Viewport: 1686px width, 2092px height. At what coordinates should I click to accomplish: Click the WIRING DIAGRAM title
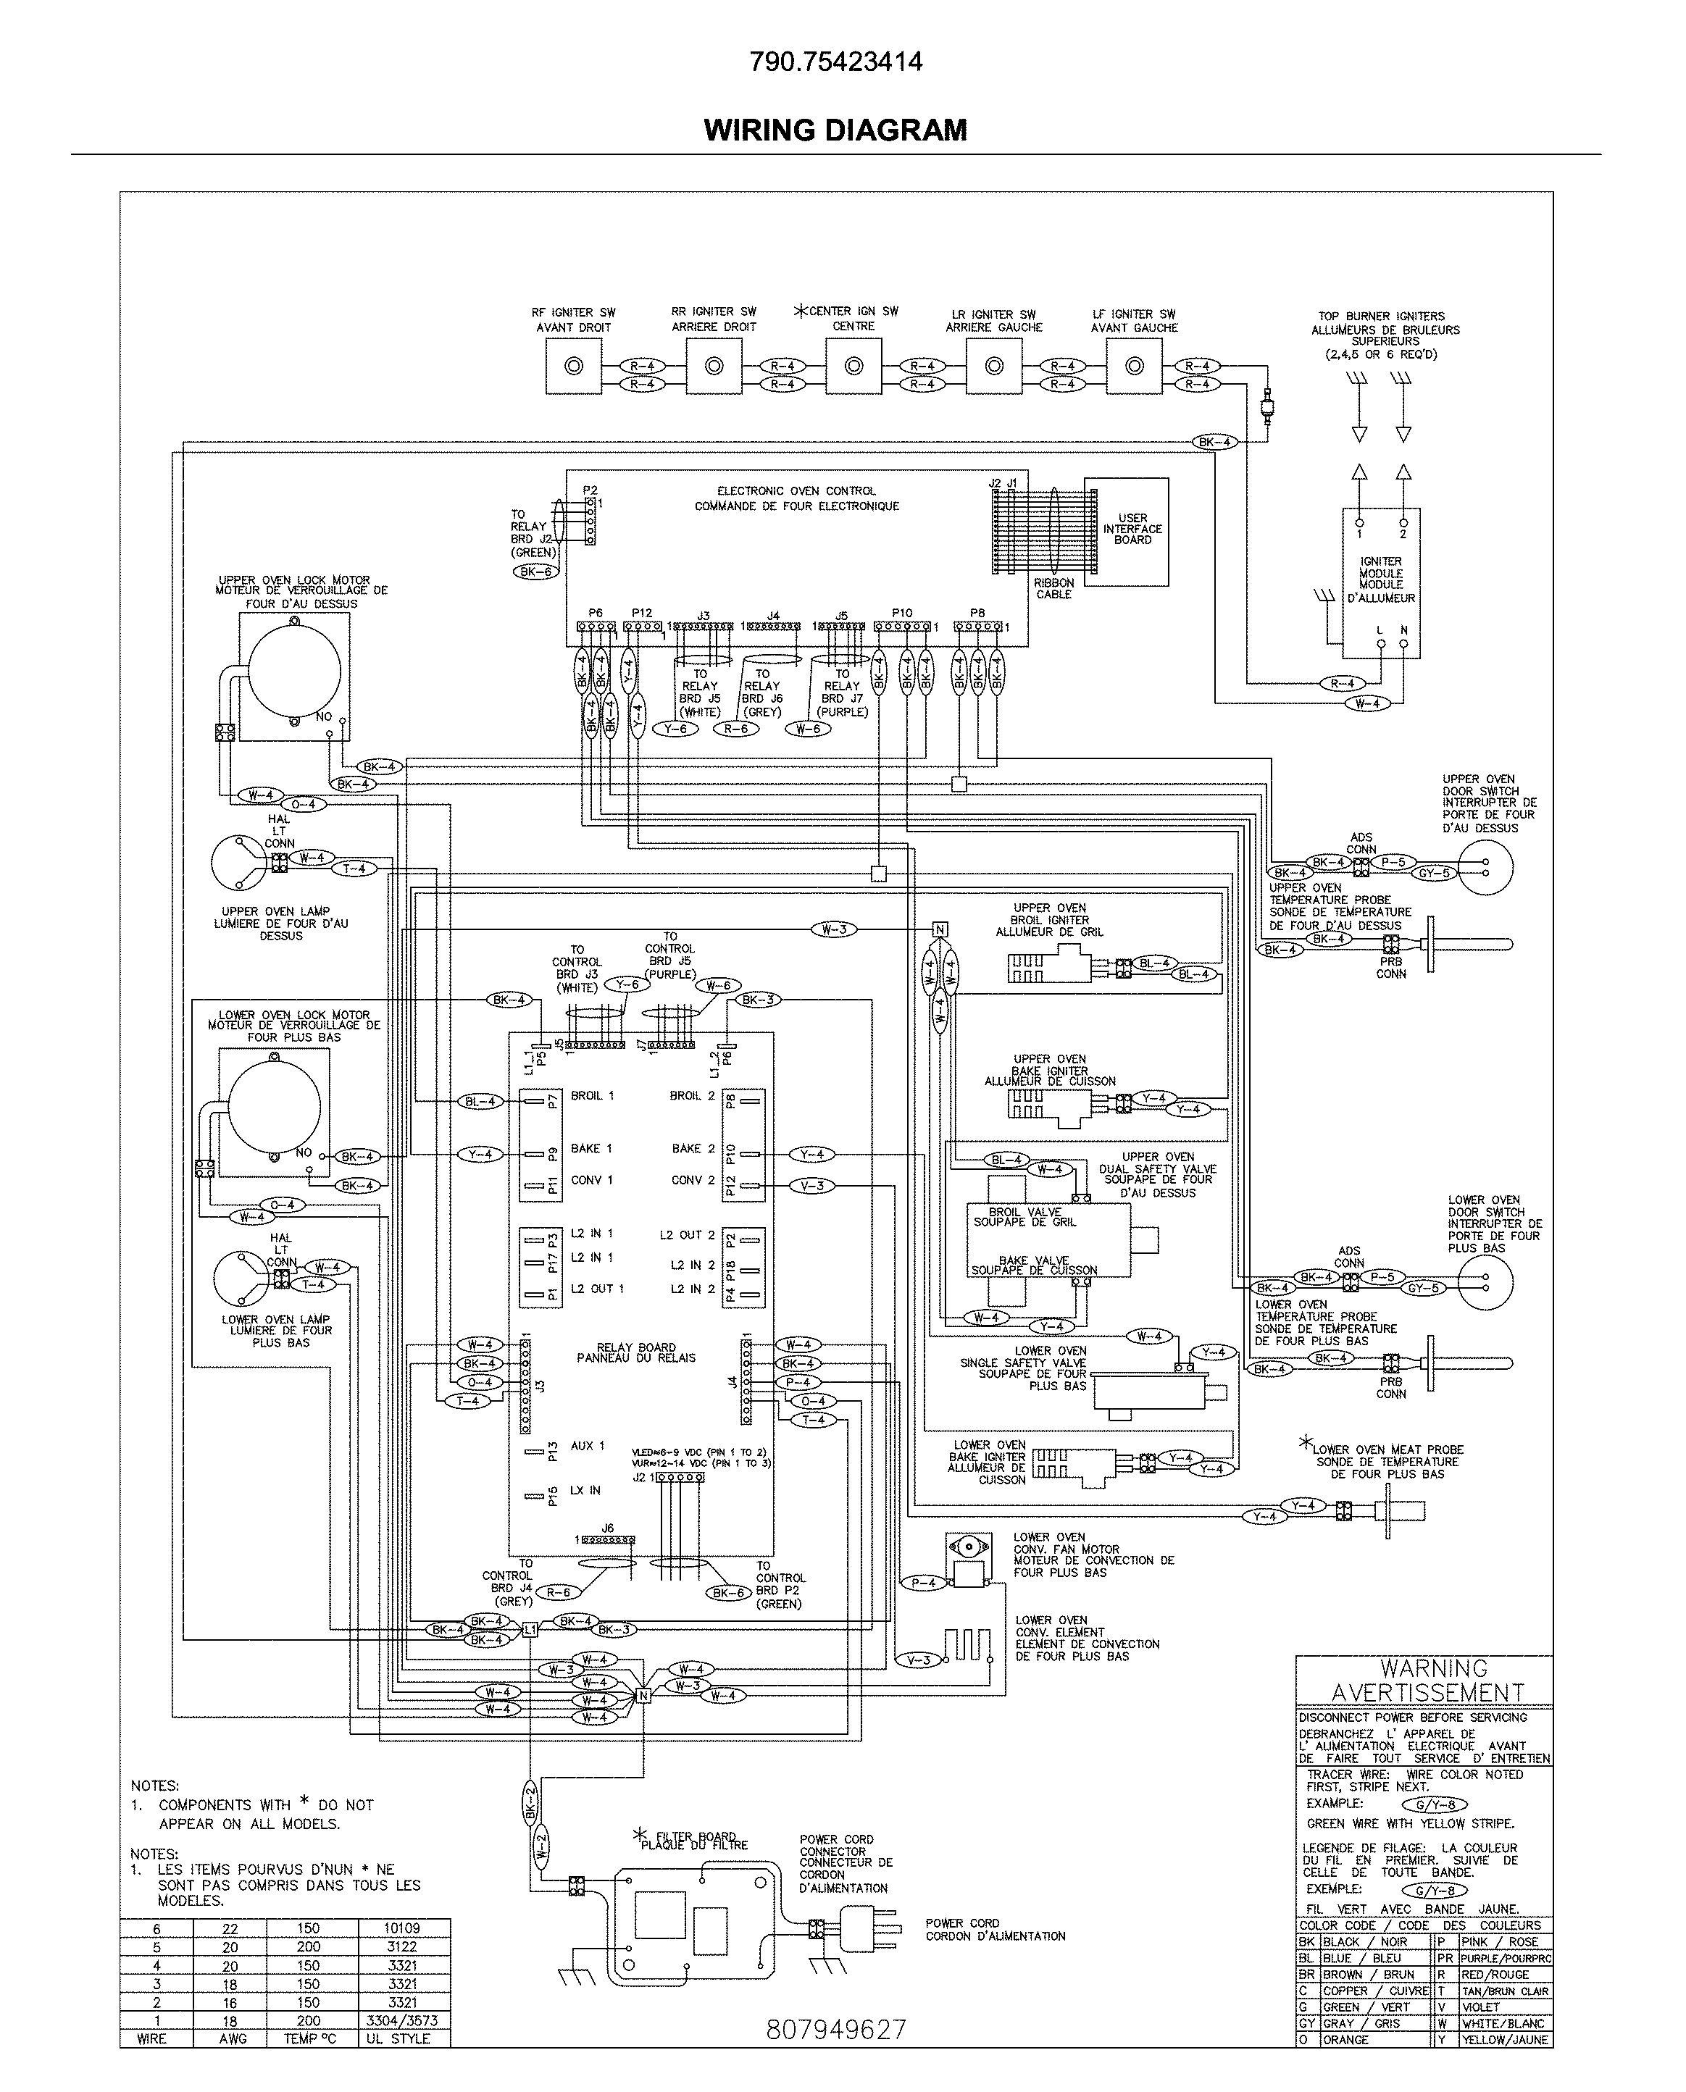[835, 130]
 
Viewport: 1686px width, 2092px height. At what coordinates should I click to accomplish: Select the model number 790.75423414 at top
[835, 62]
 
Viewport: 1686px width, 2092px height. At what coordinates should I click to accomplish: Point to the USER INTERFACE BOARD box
[1127, 531]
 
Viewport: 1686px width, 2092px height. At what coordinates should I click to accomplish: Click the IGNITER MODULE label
[1380, 580]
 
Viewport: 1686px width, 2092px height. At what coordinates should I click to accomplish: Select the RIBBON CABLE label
[1053, 588]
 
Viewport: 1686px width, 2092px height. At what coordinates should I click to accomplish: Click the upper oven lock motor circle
[294, 670]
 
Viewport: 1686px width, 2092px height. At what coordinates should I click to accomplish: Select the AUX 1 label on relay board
[588, 1445]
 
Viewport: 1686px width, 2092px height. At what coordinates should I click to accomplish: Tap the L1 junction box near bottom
[530, 1630]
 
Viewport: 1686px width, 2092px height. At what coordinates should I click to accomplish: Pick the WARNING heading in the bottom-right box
[1433, 1668]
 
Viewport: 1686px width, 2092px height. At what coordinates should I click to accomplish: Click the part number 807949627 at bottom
[835, 2029]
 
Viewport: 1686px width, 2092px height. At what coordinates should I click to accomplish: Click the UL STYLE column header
[397, 2038]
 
